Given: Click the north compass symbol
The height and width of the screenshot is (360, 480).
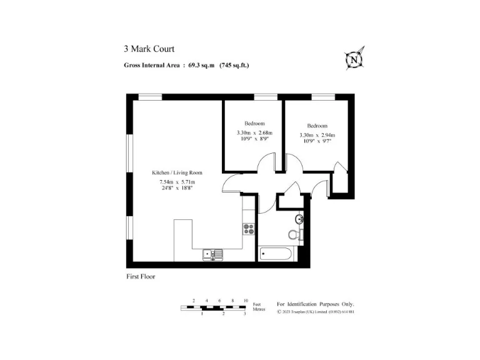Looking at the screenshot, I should click(355, 59).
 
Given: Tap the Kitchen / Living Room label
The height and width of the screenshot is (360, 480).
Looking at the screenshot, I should click(177, 172).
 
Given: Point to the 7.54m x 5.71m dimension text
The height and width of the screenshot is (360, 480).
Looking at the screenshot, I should click(177, 182).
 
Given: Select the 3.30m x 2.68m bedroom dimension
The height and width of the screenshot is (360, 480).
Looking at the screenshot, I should click(254, 132).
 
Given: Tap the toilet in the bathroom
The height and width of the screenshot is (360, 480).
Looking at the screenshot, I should click(296, 234).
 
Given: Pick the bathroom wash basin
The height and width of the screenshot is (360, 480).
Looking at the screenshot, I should click(300, 219).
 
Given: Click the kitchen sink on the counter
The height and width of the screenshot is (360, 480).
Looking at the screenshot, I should click(213, 254).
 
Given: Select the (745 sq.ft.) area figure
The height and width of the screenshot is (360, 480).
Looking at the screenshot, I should click(234, 65).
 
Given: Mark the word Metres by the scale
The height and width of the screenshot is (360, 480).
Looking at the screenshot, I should click(259, 309).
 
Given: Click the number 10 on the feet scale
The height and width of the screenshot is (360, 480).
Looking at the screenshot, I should click(246, 301).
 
